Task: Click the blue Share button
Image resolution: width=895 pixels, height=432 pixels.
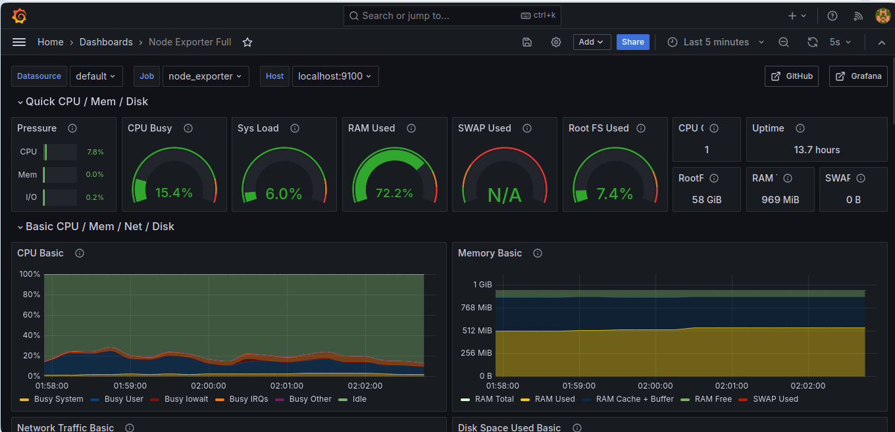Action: pyautogui.click(x=632, y=42)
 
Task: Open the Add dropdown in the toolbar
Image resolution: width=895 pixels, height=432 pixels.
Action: pyautogui.click(x=592, y=42)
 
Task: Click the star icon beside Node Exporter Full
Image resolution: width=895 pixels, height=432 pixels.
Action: pyautogui.click(x=247, y=42)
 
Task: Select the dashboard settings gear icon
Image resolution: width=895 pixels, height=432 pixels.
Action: pyautogui.click(x=556, y=42)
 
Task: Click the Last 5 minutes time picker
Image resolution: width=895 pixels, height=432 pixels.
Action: pyautogui.click(x=716, y=42)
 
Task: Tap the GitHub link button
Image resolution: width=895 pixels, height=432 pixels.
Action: pyautogui.click(x=792, y=76)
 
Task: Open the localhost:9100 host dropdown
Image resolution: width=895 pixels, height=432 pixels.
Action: pyautogui.click(x=335, y=76)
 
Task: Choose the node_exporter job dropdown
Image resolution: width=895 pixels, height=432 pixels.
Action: pyautogui.click(x=205, y=76)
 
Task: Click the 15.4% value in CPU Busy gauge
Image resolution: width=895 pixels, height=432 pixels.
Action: pyautogui.click(x=174, y=193)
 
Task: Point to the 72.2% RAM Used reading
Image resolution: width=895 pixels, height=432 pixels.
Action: pyautogui.click(x=394, y=193)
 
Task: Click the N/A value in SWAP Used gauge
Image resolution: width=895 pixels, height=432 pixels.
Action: pyautogui.click(x=505, y=195)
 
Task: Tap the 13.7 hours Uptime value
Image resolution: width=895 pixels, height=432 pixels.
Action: pyautogui.click(x=817, y=150)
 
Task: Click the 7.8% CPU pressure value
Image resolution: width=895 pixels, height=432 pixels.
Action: pyautogui.click(x=95, y=152)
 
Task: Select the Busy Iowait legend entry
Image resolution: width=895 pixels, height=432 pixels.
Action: pyautogui.click(x=180, y=399)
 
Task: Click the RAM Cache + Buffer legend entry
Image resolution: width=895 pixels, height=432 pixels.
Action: pyautogui.click(x=628, y=399)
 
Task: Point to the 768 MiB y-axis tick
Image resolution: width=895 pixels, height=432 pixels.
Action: pyautogui.click(x=476, y=308)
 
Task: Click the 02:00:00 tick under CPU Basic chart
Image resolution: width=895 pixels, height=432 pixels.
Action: pyautogui.click(x=208, y=386)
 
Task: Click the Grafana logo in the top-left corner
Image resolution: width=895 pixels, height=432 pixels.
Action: pyautogui.click(x=19, y=16)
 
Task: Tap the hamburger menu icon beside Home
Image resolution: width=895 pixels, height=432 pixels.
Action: pyautogui.click(x=19, y=42)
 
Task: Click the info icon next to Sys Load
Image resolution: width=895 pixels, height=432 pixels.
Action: pyautogui.click(x=295, y=128)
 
